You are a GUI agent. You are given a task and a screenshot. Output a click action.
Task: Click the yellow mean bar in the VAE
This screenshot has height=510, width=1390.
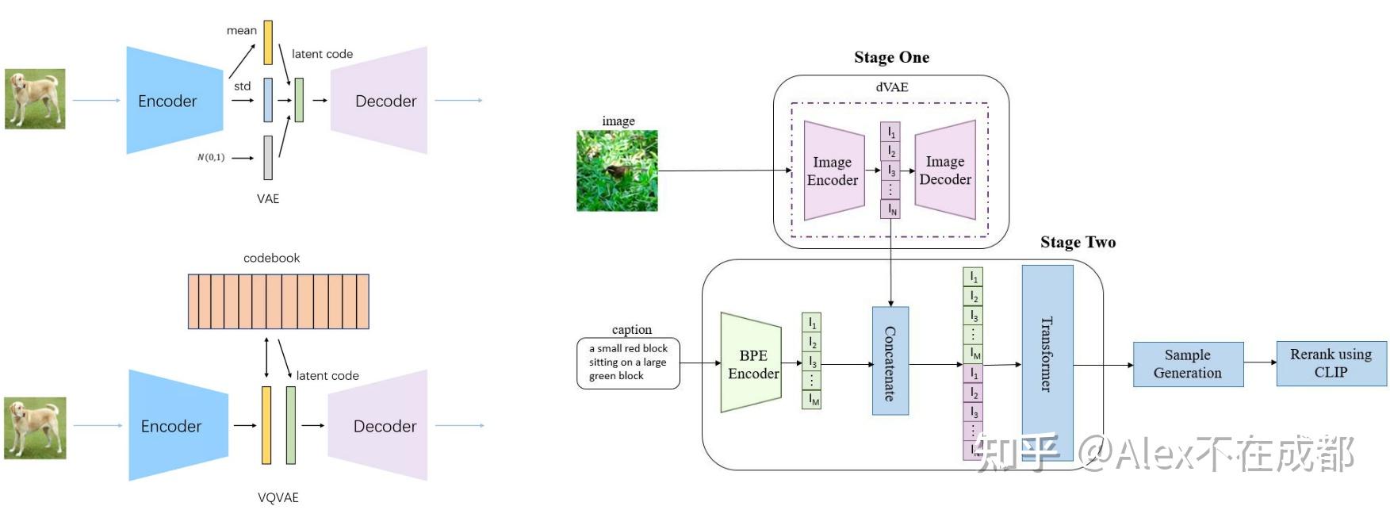click(x=268, y=42)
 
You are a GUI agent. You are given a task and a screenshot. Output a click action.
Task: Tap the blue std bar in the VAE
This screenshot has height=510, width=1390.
click(x=268, y=100)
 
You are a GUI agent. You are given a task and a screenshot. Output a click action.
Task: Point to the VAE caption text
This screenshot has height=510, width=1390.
click(x=268, y=198)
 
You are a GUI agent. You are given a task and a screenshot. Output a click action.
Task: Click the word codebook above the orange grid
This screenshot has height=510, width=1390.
click(x=272, y=258)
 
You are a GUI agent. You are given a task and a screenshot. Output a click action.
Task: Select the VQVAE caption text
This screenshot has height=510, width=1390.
click(x=278, y=497)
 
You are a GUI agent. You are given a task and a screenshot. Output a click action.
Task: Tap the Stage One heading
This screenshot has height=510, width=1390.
click(x=891, y=57)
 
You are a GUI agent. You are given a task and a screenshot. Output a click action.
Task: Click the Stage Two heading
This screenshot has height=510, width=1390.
click(x=1078, y=242)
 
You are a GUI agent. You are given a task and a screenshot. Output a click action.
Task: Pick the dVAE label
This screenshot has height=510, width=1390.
click(x=892, y=87)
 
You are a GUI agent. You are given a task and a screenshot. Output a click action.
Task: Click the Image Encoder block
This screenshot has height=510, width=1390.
click(x=833, y=171)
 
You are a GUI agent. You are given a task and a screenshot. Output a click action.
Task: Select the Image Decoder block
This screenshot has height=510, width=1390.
click(x=945, y=170)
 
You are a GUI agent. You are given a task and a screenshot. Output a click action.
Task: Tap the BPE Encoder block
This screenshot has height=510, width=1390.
click(x=752, y=362)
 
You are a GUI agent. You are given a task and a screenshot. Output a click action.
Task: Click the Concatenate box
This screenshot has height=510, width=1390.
click(x=890, y=361)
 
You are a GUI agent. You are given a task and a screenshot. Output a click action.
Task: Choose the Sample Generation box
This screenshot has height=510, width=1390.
click(x=1188, y=364)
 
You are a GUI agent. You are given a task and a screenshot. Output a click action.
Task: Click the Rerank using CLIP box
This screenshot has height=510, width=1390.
click(x=1331, y=363)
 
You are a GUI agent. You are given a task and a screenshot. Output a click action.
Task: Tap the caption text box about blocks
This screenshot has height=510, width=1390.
click(x=628, y=362)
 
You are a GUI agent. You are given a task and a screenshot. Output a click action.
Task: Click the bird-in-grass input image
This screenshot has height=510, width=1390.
click(x=617, y=171)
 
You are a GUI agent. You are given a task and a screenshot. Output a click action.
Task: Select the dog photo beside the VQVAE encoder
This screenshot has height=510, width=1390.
click(x=35, y=429)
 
